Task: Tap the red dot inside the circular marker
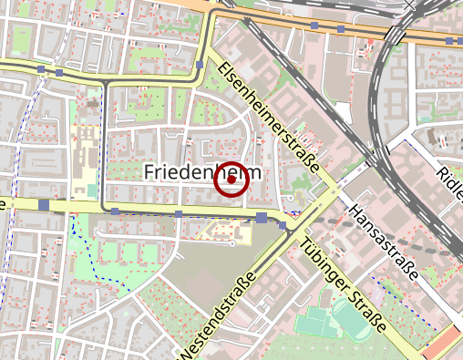pyautogui.click(x=231, y=180)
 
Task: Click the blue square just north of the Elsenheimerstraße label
pyautogui.click(x=200, y=66)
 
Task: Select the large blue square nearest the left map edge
pyautogui.click(x=44, y=205)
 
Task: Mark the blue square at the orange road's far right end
pyautogui.click(x=451, y=41)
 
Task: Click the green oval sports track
pyautogui.click(x=352, y=324)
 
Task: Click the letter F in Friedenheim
pyautogui.click(x=149, y=172)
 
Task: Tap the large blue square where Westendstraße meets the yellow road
pyautogui.click(x=262, y=217)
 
